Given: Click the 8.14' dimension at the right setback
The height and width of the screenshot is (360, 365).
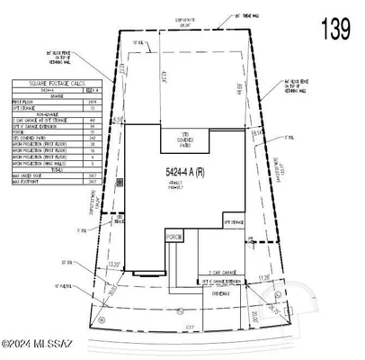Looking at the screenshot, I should coord(259,133).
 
